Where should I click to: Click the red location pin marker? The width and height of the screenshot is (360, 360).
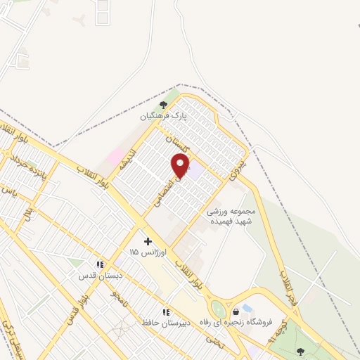pos(181,166)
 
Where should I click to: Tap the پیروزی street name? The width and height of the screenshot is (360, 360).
pos(237,165)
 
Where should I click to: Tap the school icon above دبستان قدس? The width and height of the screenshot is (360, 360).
pos(101,264)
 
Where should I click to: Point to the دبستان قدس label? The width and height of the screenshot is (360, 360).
pos(96,275)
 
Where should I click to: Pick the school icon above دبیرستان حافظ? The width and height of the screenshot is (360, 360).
pos(166,311)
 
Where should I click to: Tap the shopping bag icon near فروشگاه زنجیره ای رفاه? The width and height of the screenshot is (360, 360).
pos(236,310)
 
